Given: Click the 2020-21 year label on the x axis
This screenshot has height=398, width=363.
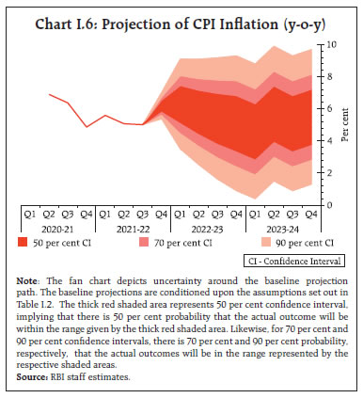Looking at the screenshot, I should coord(58,229).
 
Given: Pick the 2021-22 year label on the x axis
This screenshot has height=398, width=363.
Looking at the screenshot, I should coord(127,229).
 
